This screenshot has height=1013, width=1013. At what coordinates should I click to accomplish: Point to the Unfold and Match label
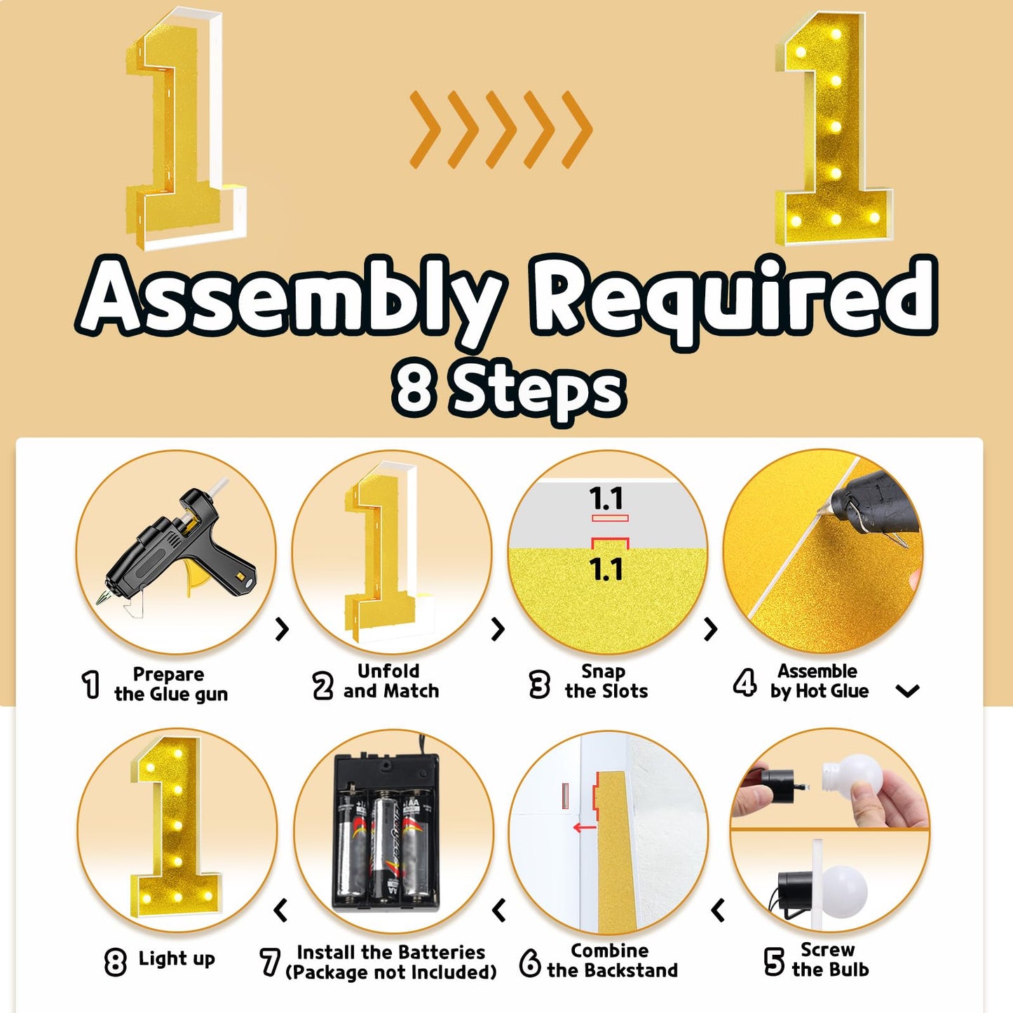(x=390, y=681)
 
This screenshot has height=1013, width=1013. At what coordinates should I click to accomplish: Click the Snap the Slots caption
(x=606, y=681)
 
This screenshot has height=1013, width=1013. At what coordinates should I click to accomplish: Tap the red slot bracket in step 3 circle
(x=610, y=543)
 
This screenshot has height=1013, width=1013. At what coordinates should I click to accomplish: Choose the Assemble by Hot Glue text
(x=819, y=681)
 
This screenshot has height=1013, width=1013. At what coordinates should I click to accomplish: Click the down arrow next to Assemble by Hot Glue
(x=908, y=691)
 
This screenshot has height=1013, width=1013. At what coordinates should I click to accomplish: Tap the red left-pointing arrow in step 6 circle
(x=584, y=828)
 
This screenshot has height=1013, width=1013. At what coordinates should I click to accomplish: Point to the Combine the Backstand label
(x=611, y=960)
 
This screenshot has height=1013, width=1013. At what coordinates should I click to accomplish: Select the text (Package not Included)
(x=390, y=972)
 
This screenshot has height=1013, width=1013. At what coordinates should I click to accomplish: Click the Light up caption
(x=177, y=958)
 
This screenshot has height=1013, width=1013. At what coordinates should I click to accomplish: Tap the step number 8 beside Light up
(x=115, y=962)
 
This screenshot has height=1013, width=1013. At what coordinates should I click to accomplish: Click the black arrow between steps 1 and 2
(x=283, y=629)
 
